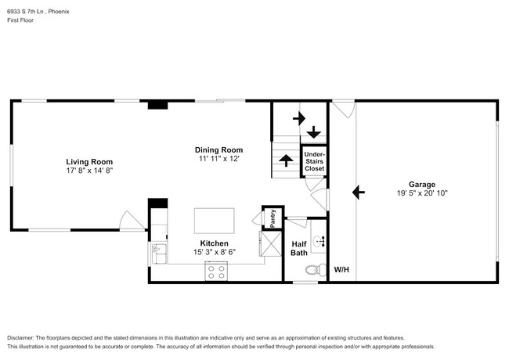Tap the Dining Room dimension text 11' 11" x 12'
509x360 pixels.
click(x=218, y=158)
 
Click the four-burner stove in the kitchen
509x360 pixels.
click(x=215, y=272)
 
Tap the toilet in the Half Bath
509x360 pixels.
click(x=313, y=269)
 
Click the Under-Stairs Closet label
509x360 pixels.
click(x=314, y=160)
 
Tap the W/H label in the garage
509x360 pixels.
click(x=341, y=270)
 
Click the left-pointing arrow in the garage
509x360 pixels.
click(x=359, y=191)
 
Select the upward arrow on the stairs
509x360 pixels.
click(x=286, y=160)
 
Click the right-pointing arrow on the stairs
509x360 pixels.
click(x=298, y=119)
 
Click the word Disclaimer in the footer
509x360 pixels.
click(x=24, y=337)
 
